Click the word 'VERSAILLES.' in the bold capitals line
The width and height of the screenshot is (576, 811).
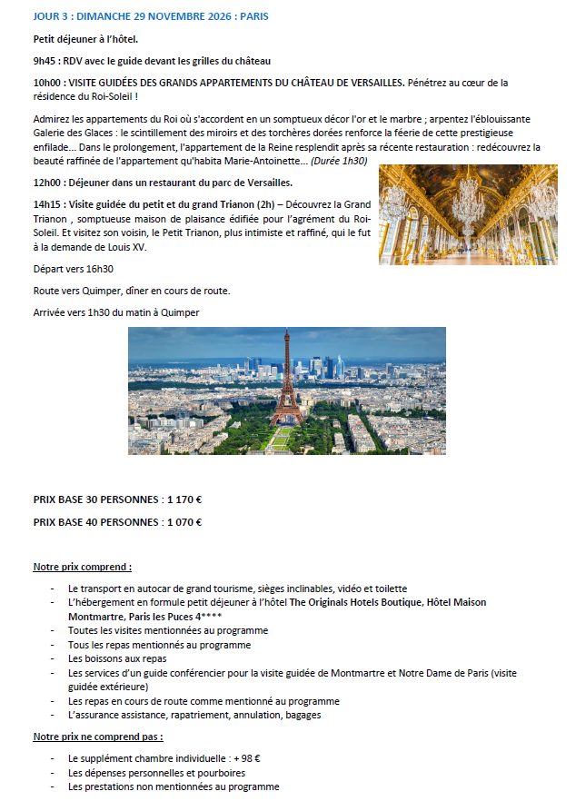point(373,83)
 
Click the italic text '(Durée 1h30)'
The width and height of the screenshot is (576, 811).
point(340,161)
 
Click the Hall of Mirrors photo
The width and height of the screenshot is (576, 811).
point(468,214)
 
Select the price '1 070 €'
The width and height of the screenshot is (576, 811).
point(185,522)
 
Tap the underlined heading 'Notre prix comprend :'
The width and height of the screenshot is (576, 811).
point(83,567)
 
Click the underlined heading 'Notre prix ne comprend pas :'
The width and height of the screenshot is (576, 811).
point(98,737)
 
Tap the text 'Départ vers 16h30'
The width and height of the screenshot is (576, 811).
point(74,269)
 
